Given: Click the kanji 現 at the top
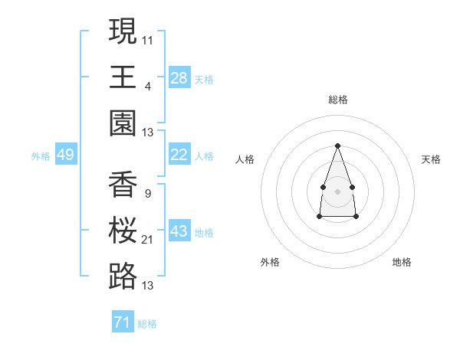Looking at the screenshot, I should click(123, 31).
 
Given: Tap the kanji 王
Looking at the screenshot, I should click(123, 77).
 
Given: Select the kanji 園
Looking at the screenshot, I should click(123, 123).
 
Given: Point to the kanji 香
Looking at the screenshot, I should click(123, 185).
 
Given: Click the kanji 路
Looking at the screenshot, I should click(123, 276).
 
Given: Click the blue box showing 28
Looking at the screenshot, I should click(179, 78).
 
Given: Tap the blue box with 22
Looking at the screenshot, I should click(179, 155).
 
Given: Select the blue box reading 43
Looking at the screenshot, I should click(179, 231).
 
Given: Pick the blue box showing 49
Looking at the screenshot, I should click(65, 155).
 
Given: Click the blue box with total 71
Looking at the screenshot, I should click(122, 322).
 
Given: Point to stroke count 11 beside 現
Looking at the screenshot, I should click(148, 40).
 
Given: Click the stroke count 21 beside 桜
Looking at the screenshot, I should click(148, 240).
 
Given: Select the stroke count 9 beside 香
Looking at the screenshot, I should click(147, 194).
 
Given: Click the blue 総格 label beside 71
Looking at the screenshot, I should click(147, 324).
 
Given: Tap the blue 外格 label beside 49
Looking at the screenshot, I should click(41, 156).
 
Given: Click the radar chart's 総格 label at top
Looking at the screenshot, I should click(337, 100).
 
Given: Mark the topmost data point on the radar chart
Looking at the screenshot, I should click(337, 146).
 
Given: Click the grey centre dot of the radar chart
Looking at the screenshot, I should click(337, 190).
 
